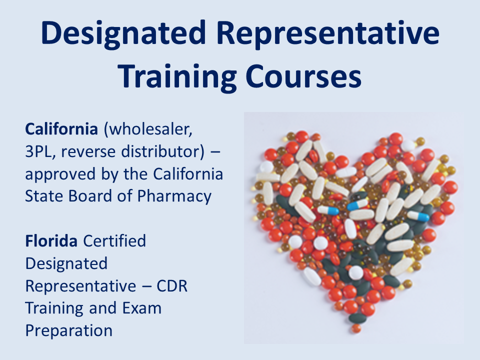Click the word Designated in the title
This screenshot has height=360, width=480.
pyautogui.click(x=123, y=34)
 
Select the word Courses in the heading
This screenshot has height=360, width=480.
pyautogui.click(x=303, y=76)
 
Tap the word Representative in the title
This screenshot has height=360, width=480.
pyautogui.click(x=328, y=33)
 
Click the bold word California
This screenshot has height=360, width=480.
pyautogui.click(x=61, y=129)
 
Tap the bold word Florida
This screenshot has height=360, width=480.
pyautogui.click(x=51, y=241)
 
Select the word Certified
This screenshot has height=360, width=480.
pyautogui.click(x=114, y=241)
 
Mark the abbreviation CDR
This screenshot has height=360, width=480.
pyautogui.click(x=172, y=286)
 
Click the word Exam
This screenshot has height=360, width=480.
pyautogui.click(x=141, y=308)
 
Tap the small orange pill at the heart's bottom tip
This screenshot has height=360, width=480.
pyautogui.click(x=356, y=328)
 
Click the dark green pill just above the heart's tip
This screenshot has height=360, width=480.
pyautogui.click(x=357, y=318)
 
